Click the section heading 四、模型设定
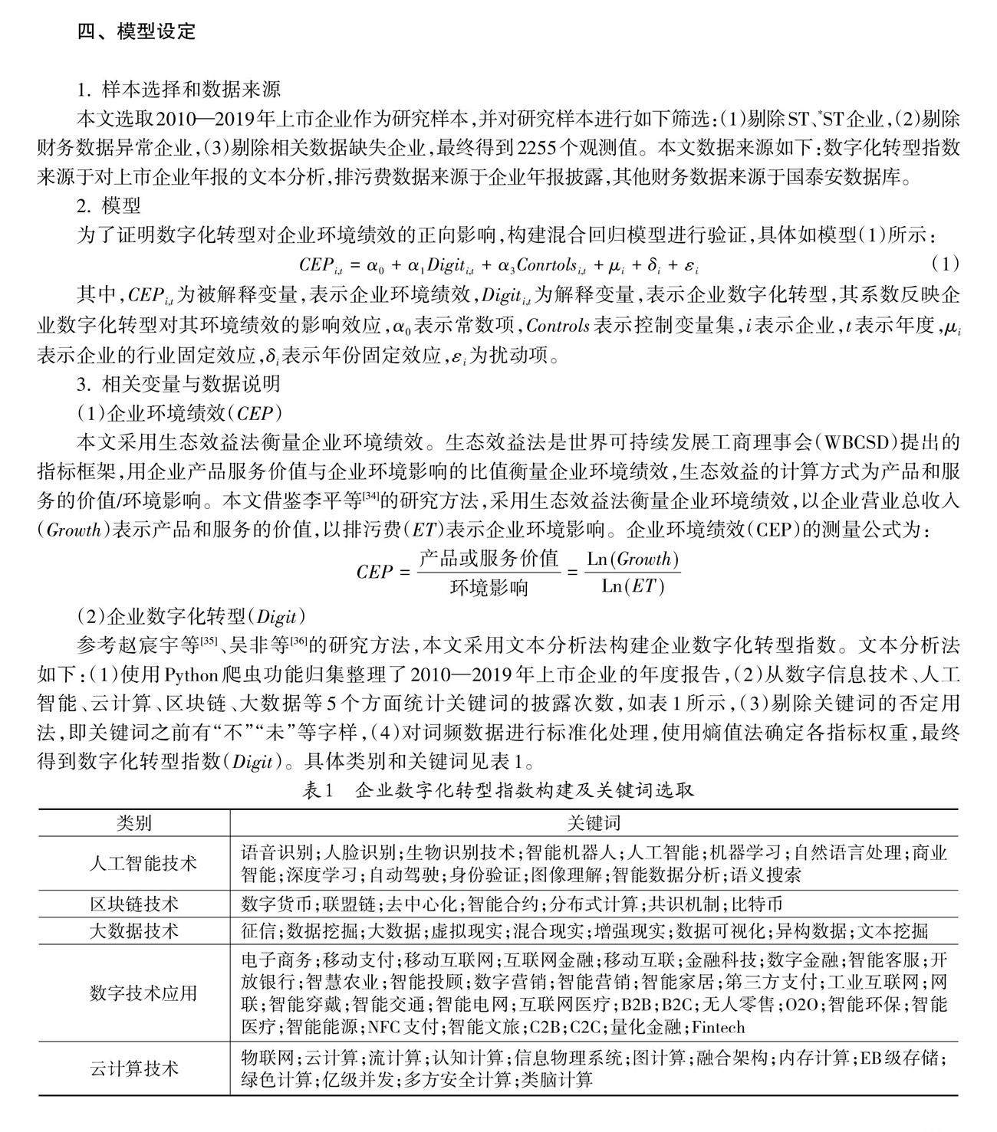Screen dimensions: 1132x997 (137, 31)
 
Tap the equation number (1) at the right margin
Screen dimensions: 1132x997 (946, 264)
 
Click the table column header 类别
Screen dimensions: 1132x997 (134, 823)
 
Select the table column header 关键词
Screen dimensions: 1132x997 (594, 823)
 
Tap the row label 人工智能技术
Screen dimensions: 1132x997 (134, 863)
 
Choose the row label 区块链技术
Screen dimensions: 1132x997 (134, 904)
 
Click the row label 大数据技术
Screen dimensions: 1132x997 (134, 930)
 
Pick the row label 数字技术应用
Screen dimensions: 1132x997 (134, 993)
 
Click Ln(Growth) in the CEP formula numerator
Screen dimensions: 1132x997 (633, 559)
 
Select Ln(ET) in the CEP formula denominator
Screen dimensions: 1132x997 (633, 586)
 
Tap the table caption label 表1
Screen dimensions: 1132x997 (316, 790)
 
